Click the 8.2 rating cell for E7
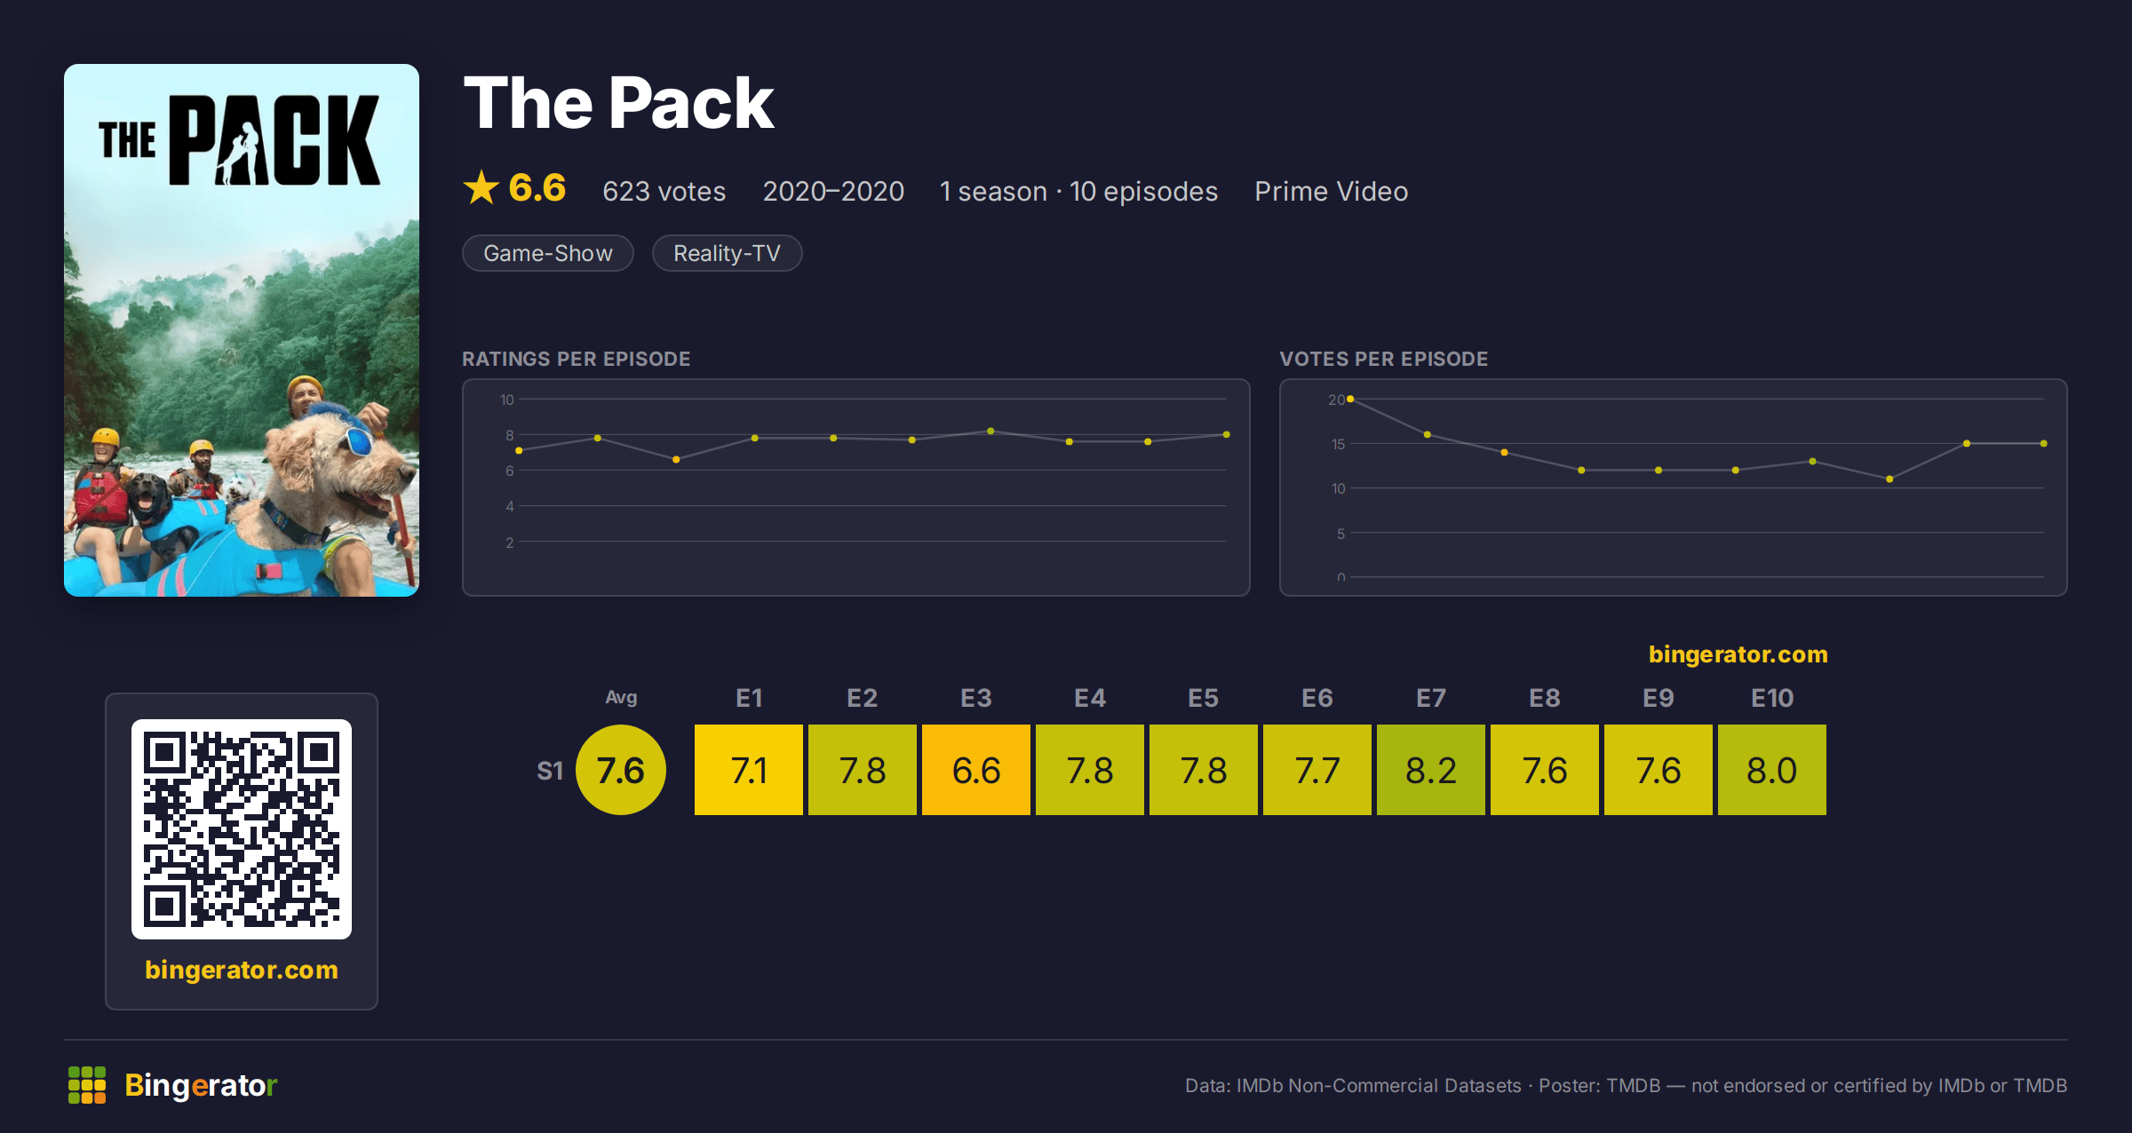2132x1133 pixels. coord(1430,770)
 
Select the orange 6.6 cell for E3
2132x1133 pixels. coord(975,770)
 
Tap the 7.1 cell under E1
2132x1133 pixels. coord(748,770)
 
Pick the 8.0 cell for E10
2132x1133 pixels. coord(1771,770)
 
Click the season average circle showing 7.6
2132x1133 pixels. coord(621,770)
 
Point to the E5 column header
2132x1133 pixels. coord(1203,698)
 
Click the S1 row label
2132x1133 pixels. coord(550,771)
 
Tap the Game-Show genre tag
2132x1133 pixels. coord(548,253)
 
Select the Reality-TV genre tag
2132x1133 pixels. coord(727,253)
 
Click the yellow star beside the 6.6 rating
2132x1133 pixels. coord(481,187)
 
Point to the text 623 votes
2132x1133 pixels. coord(664,191)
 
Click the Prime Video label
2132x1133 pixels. coord(1331,191)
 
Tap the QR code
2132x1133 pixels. coord(242,829)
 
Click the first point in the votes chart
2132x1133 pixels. coord(1350,400)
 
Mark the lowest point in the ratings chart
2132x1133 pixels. coord(676,459)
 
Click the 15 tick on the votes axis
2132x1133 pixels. coord(1338,444)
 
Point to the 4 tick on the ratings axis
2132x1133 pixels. coord(510,506)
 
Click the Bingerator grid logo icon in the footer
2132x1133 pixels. coord(87,1085)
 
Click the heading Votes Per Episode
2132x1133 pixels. coord(1383,359)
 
